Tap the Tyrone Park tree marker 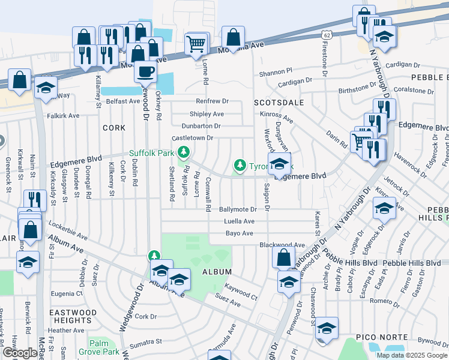pos(240,164)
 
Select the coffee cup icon pos(145,73)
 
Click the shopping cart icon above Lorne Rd pos(196,44)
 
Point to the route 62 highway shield pos(326,35)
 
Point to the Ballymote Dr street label pos(238,209)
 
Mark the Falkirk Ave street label pos(64,115)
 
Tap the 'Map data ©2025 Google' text pos(412,355)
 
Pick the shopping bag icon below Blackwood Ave pos(283,257)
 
